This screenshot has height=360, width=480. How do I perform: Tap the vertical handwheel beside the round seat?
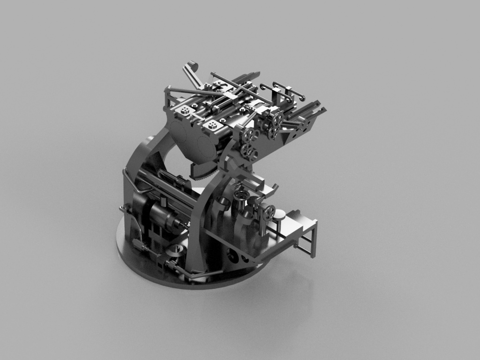tap(269, 213)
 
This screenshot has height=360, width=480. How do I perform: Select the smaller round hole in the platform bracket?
tap(244, 258)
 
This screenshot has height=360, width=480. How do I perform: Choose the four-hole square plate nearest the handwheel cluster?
tap(213, 125)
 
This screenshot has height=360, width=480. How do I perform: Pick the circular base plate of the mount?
tap(141, 262)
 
